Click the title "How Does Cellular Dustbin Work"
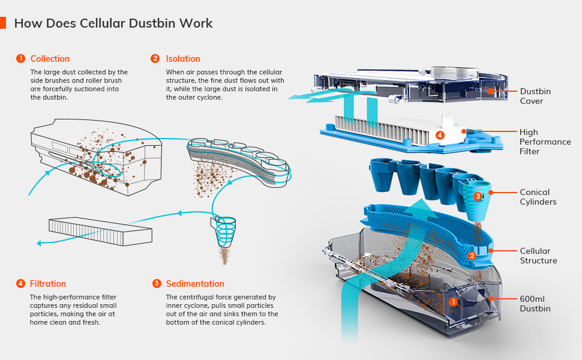[113, 23]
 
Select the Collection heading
[50, 59]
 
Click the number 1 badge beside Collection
[20, 59]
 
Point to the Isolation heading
[183, 59]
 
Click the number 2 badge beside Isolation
[155, 59]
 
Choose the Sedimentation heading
[195, 284]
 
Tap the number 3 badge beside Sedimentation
[157, 284]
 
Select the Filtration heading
[48, 284]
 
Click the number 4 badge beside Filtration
[20, 284]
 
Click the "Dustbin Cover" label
[535, 96]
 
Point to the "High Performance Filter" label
[545, 142]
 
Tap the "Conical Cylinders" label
[538, 197]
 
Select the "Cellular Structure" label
[538, 256]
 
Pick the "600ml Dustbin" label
[535, 304]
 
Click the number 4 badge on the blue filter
[440, 136]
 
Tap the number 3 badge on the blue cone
[478, 196]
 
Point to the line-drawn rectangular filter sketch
[100, 229]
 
